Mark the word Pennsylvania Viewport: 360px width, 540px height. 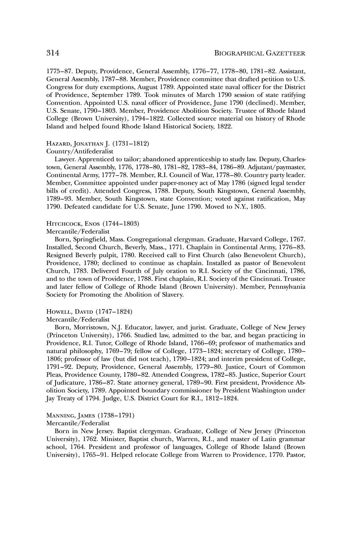point(283,287)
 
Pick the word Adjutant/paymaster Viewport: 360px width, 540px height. point(279,167)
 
